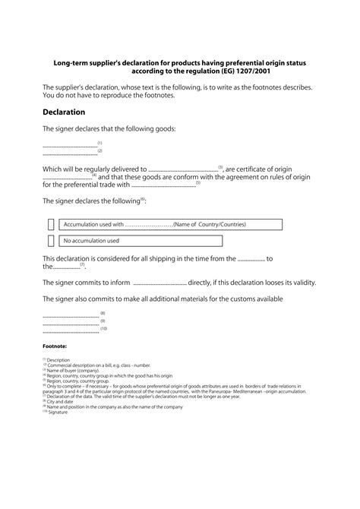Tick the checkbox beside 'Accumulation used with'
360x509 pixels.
point(51,224)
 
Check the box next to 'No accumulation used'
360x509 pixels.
point(51,241)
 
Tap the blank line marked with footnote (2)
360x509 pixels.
point(69,153)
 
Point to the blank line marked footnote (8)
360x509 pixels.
point(71,314)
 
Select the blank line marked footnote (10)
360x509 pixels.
point(71,330)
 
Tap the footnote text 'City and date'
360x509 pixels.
point(63,403)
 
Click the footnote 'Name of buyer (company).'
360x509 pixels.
point(76,370)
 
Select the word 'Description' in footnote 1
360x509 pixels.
point(58,360)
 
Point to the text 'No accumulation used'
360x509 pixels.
point(91,241)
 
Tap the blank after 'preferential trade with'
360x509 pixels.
point(163,185)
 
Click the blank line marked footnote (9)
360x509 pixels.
point(71,322)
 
